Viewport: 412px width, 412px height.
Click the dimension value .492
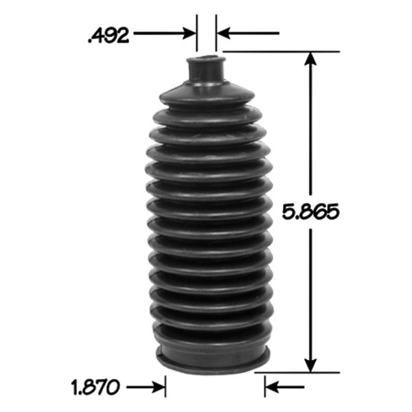pyautogui.click(x=109, y=34)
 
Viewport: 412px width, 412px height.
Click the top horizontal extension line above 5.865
pyautogui.click(x=282, y=51)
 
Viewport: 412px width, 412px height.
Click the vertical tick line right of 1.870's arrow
pyautogui.click(x=165, y=387)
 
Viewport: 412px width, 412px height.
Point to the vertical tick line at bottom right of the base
pyautogui.click(x=264, y=387)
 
